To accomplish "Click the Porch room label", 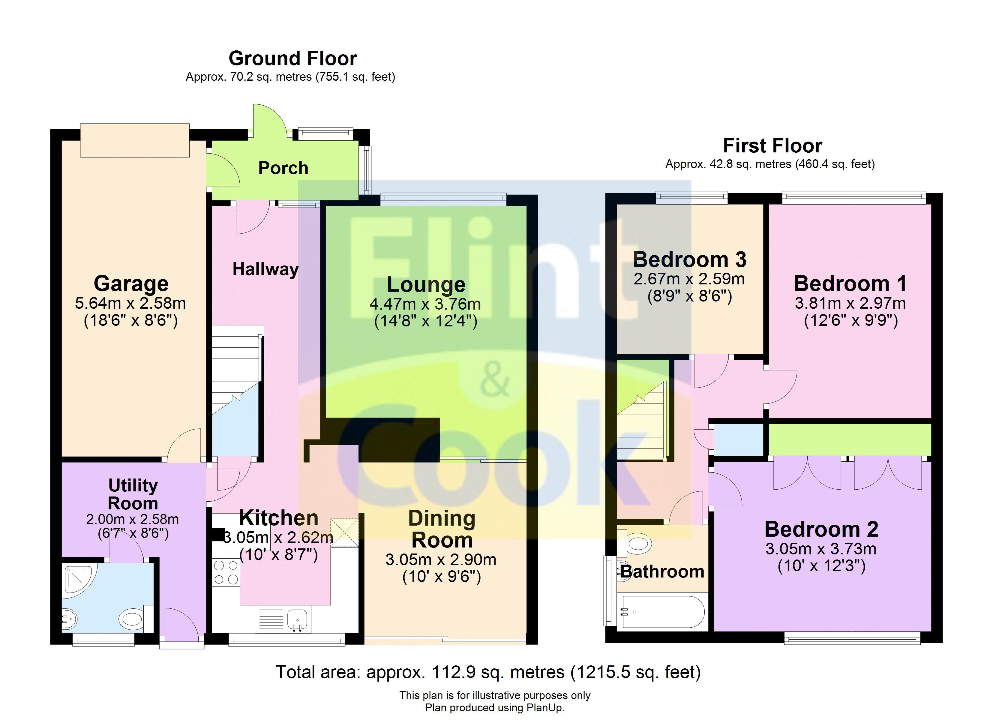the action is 283,168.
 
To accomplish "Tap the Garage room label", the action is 131,284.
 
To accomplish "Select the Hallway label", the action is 265,269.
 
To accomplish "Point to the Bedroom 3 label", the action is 690,260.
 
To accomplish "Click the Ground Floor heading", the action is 293,58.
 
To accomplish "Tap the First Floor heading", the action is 772,146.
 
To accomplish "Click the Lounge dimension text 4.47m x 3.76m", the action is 425,304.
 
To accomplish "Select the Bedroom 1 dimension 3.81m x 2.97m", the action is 850,303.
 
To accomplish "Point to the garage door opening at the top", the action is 135,140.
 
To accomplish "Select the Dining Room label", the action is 442,529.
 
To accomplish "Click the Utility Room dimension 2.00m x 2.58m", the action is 132,519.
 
